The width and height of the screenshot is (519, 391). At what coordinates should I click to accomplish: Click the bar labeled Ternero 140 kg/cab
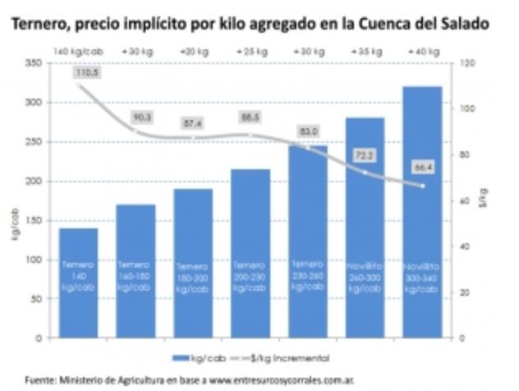(78, 283)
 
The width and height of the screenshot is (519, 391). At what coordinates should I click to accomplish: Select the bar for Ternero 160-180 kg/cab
(135, 271)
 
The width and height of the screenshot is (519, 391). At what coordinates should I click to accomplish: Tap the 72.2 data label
(364, 154)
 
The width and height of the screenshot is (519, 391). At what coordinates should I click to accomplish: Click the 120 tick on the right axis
(465, 63)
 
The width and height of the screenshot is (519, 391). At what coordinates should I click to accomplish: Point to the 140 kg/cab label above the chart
(78, 50)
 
